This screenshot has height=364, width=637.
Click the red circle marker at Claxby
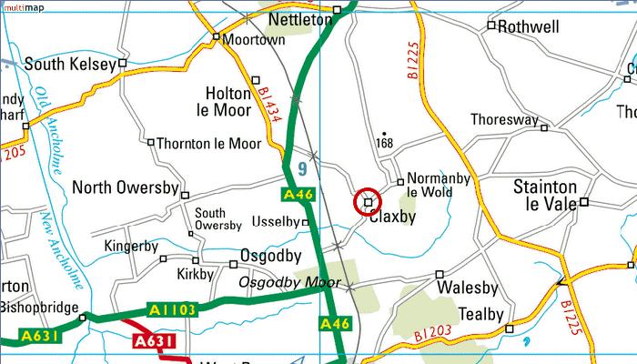(368, 201)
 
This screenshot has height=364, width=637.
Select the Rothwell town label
(529, 27)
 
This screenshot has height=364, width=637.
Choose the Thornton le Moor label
(208, 144)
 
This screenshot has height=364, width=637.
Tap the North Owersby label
(125, 188)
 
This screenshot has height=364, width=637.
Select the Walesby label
(470, 288)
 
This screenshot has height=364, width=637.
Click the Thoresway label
(504, 120)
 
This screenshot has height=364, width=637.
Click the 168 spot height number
(385, 144)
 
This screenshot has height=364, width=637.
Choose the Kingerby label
(131, 246)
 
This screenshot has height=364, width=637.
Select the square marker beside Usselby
(306, 222)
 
